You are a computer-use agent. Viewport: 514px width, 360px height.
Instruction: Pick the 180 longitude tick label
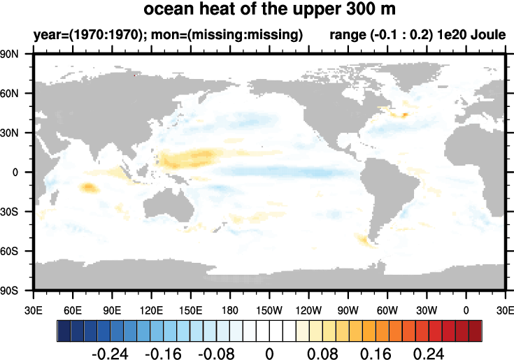230,308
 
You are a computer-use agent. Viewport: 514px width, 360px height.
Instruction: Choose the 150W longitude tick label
269,308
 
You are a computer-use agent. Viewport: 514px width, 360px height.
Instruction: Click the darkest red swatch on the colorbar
476,329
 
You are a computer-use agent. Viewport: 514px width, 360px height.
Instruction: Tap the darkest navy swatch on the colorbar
63,329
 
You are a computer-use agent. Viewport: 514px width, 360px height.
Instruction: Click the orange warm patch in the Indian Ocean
89,187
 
